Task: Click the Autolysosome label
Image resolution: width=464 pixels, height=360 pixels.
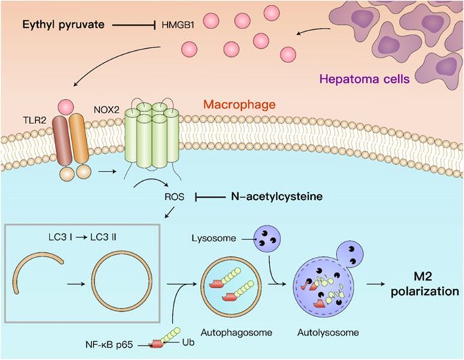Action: coord(323,334)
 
